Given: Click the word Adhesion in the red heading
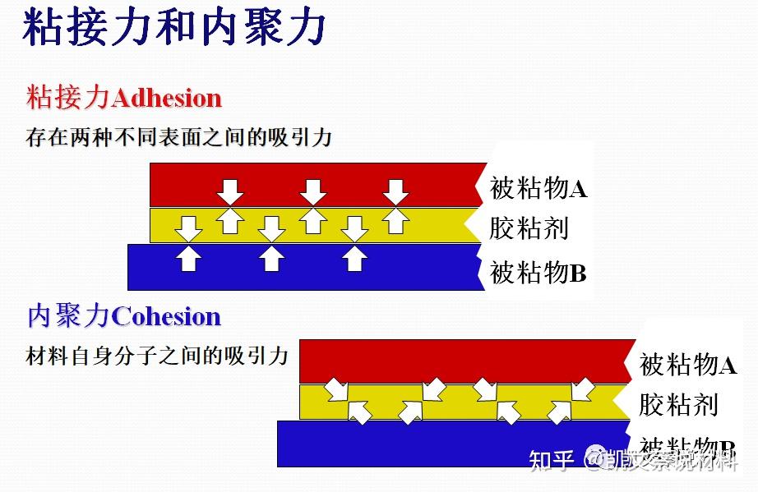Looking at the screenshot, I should (x=166, y=98).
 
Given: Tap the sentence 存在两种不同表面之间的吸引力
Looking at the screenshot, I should (x=178, y=136).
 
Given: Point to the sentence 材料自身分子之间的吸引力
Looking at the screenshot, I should (x=157, y=356).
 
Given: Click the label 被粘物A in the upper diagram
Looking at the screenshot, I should (x=538, y=188).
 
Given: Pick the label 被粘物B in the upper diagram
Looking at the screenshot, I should (x=538, y=271).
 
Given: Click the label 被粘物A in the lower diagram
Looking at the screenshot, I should (x=688, y=364).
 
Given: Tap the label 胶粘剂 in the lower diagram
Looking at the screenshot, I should (x=678, y=404).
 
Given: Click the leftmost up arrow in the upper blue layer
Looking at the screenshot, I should (x=189, y=259).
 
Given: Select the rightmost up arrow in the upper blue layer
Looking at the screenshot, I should (x=354, y=259).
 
